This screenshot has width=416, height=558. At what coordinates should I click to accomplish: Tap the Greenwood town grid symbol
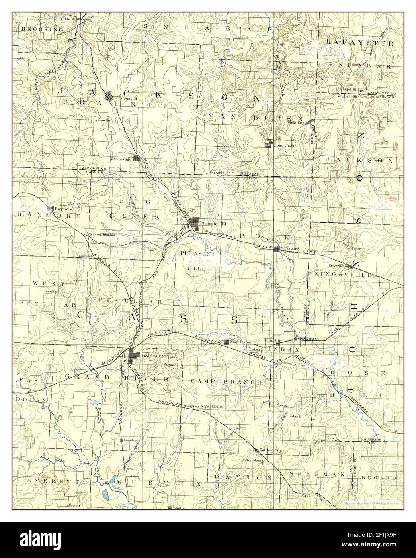(137, 158)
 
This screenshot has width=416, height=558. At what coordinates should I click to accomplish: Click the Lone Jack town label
(284, 145)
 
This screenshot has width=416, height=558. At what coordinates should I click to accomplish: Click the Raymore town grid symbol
(51, 208)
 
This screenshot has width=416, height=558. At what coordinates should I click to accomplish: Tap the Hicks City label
(296, 123)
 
